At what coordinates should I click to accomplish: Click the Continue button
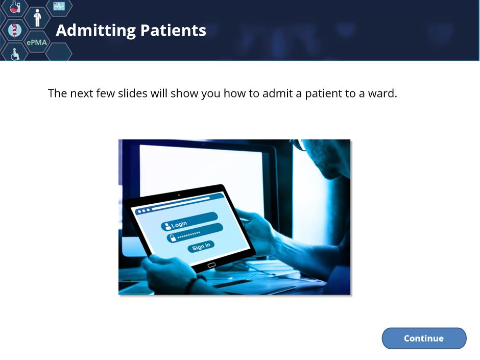coord(424,338)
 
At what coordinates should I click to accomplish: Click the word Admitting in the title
coord(96,31)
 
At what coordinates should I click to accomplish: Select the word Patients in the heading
coord(173,30)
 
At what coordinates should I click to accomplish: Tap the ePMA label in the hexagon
coord(37,42)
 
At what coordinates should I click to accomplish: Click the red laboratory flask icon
coord(14,7)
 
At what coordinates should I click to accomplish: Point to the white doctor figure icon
coord(37,18)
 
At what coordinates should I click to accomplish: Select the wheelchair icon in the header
coord(15,54)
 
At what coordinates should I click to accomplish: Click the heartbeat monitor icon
coord(59,6)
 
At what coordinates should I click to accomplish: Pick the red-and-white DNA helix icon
coord(14,30)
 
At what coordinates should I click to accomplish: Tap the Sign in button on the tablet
coord(201,246)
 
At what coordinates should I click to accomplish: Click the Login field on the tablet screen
coord(189,221)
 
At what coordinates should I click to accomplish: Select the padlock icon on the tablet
coord(173,238)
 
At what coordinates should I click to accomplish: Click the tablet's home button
coord(211,265)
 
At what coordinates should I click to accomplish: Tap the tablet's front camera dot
coord(179,195)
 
